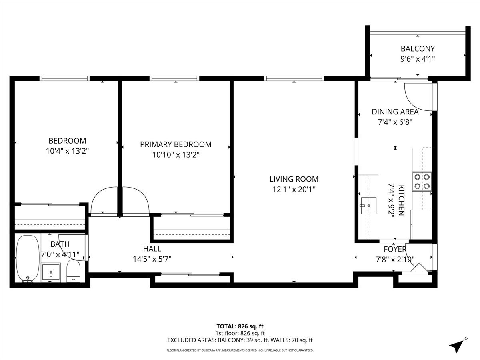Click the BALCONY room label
[418, 49]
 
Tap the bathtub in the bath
[28, 258]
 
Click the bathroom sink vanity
[51, 272]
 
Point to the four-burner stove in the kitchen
[422, 181]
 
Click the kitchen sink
[368, 206]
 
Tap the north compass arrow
[458, 345]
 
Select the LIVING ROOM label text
[294, 179]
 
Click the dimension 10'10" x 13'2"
[176, 154]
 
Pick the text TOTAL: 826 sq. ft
[240, 326]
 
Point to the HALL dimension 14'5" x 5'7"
[152, 259]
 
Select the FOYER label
[395, 249]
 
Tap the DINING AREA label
[395, 112]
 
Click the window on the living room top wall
[294, 78]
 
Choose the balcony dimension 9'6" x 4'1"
[418, 59]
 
